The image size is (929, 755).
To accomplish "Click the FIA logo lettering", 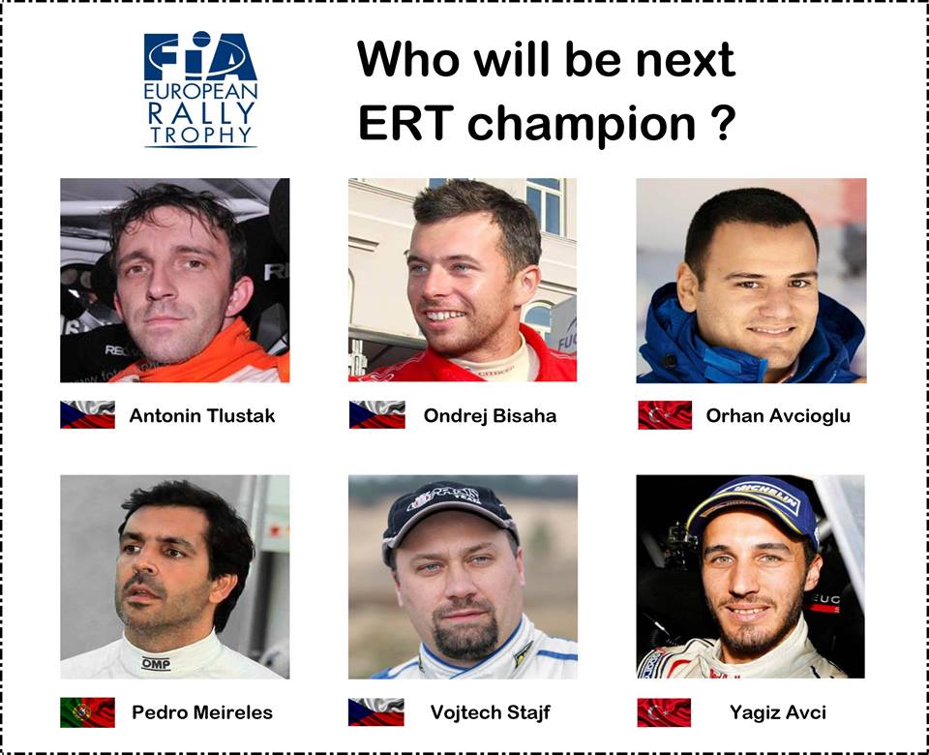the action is point(200,56).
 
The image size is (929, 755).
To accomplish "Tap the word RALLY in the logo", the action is point(201,112).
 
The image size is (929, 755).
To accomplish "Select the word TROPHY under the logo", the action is point(201,136).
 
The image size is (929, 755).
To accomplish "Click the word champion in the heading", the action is point(582,126).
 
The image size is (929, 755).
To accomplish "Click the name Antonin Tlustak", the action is point(202,416).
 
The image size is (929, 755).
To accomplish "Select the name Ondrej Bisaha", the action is point(490,416).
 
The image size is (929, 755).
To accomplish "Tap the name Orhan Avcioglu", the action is point(778,416).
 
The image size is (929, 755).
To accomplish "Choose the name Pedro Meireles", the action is point(202,712).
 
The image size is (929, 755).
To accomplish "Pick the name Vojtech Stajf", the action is point(490,712).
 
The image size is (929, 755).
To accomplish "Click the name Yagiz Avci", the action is point(778,712).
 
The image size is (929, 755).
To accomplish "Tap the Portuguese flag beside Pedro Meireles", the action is point(87,712).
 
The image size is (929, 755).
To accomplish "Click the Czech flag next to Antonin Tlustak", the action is point(87,415).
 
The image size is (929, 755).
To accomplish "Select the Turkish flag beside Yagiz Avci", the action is point(664,712).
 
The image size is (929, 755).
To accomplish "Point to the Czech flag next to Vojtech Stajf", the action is point(376,712).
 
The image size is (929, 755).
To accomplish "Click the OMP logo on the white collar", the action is point(156,664).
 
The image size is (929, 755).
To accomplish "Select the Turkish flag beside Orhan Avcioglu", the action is point(665,415).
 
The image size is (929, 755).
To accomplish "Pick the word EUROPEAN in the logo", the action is point(201,91).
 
